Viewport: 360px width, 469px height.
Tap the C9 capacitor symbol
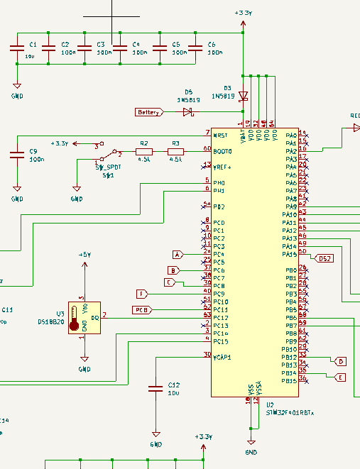pos(16,154)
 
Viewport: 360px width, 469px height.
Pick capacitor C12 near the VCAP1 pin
pos(155,388)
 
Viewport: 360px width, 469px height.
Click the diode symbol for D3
pos(244,95)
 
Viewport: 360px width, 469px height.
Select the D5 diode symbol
pos(188,112)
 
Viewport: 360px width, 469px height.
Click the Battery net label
pos(149,112)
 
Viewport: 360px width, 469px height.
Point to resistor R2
pos(144,151)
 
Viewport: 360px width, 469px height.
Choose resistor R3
pos(175,151)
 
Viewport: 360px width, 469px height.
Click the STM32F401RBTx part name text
pos(290,412)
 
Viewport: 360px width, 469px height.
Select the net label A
pos(178,254)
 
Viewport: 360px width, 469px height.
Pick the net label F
pos(143,294)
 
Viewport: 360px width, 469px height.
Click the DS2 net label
pos(324,258)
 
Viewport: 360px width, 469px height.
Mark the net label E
pos(339,377)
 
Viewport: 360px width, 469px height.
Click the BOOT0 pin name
pos(222,151)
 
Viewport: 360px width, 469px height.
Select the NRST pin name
pos(220,135)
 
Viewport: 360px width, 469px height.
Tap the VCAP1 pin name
pos(222,358)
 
